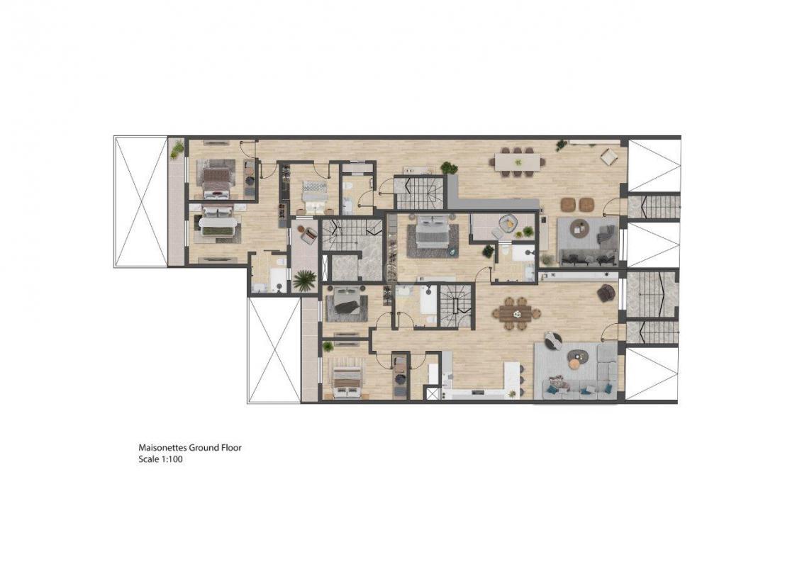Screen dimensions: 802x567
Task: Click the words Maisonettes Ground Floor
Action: (x=190, y=448)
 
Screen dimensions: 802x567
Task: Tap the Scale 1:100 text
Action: (x=160, y=459)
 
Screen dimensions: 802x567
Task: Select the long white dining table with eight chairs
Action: (x=517, y=162)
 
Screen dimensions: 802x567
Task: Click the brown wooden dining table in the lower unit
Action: (x=516, y=313)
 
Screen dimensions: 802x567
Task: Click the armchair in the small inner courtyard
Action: (x=309, y=235)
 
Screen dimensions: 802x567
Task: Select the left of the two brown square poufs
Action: (x=569, y=204)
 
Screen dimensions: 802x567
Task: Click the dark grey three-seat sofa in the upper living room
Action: (x=589, y=257)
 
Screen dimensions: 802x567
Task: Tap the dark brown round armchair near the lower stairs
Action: (x=606, y=292)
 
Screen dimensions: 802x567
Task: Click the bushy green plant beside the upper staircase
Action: (x=449, y=167)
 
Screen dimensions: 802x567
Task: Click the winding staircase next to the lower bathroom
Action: (x=456, y=305)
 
